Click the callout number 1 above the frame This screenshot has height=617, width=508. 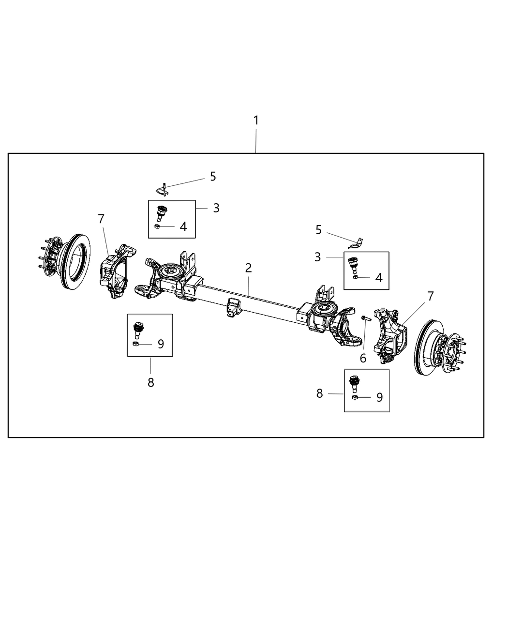coord(256,120)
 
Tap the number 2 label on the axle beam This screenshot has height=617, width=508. coord(248,268)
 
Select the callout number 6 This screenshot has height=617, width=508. coord(363,358)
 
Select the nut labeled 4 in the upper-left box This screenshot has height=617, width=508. coord(157,226)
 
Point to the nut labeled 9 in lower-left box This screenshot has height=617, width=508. coord(136,344)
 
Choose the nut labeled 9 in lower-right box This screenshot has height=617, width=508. coord(355,397)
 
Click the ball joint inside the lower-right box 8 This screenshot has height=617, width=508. coord(355,383)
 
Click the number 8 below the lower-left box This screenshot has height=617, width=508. coord(150,382)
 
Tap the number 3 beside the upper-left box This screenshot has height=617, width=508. coord(216,208)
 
